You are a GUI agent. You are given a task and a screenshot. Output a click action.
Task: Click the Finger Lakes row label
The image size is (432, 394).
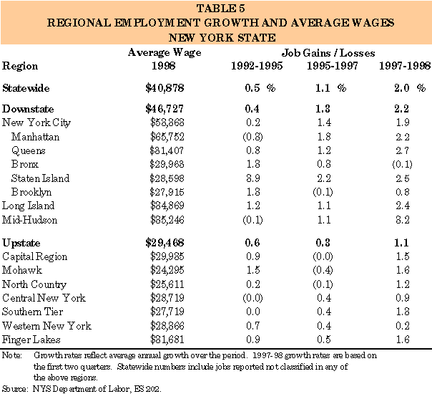(x=31, y=339)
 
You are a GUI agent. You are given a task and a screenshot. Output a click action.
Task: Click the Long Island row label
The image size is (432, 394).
(x=29, y=206)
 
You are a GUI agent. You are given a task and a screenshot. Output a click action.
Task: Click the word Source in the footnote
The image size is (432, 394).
(x=14, y=388)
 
